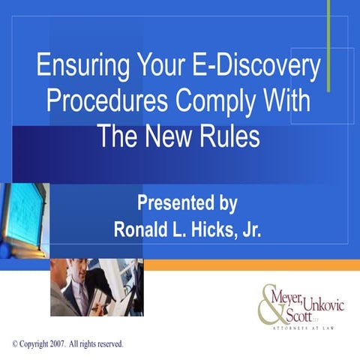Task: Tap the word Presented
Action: (166, 202)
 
